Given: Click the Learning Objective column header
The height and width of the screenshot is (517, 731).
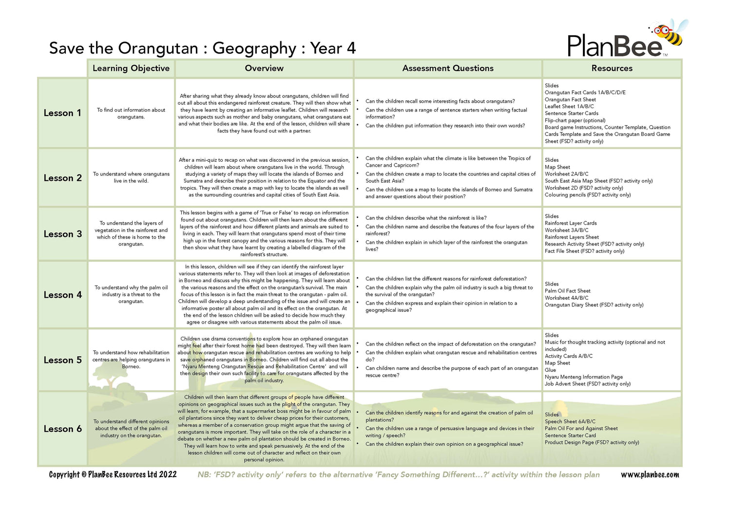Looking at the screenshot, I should click(x=131, y=68).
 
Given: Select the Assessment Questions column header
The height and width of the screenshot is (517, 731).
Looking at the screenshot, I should click(x=448, y=68).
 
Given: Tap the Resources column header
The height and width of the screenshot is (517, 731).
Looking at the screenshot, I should click(x=612, y=68).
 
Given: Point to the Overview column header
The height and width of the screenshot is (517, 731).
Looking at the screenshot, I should click(x=264, y=68).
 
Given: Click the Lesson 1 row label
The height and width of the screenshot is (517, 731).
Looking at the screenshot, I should click(x=62, y=113).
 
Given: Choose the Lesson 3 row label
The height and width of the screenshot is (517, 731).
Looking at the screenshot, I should click(x=62, y=234).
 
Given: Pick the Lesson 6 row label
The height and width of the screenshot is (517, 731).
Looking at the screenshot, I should click(x=62, y=429).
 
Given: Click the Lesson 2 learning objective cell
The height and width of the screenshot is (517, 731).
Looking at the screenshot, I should click(x=131, y=177).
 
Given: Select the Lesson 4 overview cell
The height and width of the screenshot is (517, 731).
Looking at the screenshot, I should click(x=264, y=294).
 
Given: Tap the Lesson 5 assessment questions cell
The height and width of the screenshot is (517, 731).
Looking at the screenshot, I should click(x=448, y=360).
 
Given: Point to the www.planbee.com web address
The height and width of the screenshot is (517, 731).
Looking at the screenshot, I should click(x=650, y=475).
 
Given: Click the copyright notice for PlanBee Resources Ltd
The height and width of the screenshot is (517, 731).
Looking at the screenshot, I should click(x=113, y=475).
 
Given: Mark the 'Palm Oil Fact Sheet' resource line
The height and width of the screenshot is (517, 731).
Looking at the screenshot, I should click(x=567, y=291).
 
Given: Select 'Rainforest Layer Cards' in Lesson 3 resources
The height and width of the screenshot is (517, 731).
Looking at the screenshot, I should click(x=571, y=223).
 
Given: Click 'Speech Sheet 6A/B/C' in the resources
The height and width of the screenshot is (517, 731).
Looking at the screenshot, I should click(x=570, y=421).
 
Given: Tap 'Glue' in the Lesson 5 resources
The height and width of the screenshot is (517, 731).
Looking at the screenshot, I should click(x=550, y=370).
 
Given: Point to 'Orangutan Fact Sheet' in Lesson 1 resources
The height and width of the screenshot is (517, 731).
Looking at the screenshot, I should click(x=570, y=99).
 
